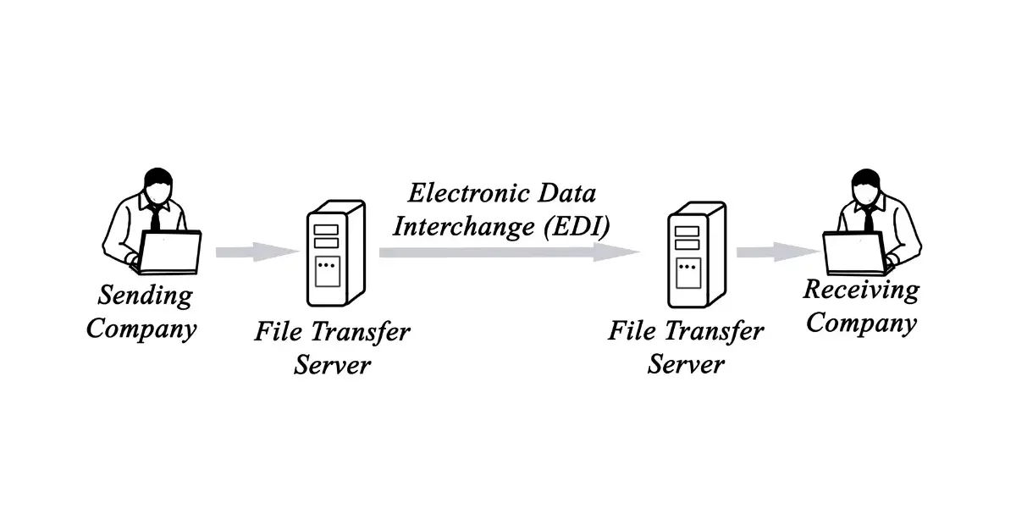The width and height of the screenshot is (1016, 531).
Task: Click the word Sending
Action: click(x=145, y=296)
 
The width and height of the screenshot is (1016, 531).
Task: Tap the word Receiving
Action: click(x=860, y=290)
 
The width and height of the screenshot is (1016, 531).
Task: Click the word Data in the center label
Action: click(x=566, y=193)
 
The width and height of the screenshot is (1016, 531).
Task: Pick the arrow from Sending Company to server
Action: click(x=257, y=252)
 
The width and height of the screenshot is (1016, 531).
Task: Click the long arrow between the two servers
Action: click(x=508, y=252)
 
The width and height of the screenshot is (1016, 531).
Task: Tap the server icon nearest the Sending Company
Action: click(x=334, y=254)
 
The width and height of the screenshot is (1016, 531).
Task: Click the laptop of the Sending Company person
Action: click(x=170, y=252)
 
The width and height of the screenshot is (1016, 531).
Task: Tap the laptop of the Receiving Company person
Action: click(x=853, y=252)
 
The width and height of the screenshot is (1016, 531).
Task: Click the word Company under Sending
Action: click(x=141, y=329)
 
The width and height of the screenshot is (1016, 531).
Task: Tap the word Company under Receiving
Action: click(x=860, y=324)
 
